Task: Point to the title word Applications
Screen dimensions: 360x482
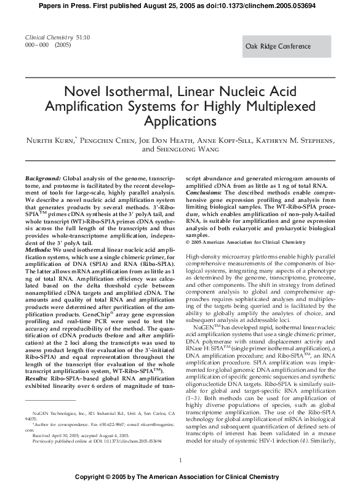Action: tap(180, 121)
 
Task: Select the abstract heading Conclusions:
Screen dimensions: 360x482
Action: tap(204, 190)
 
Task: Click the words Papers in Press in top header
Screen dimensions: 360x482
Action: tap(75, 4)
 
